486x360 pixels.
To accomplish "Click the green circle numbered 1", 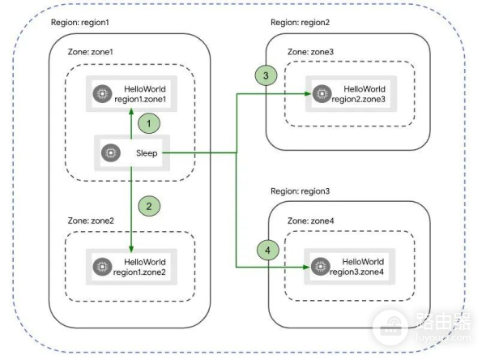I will click(149, 124).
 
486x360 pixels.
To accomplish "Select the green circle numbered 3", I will click(266, 75).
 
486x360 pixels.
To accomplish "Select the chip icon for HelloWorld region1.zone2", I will click(103, 267).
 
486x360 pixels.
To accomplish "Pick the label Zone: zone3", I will click(313, 51).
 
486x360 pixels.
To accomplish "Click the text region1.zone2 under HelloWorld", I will click(146, 273).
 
